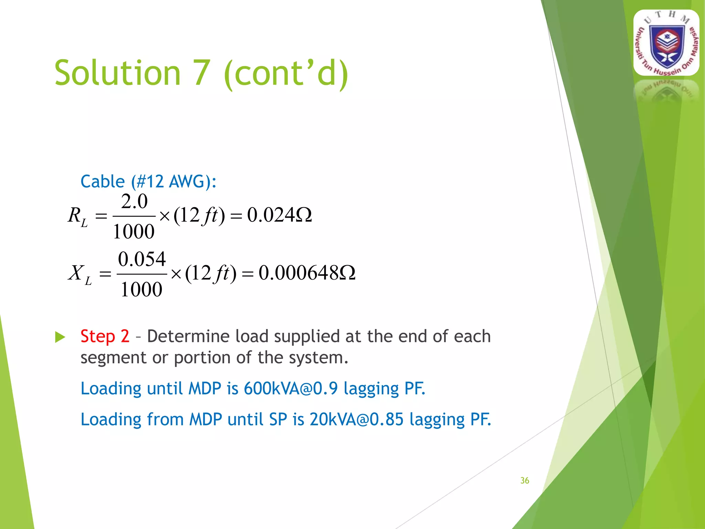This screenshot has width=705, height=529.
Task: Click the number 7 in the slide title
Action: click(x=202, y=73)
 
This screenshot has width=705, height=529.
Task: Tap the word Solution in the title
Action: click(x=117, y=73)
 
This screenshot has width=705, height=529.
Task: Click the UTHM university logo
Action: click(x=666, y=43)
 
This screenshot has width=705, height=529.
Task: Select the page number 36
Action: click(x=525, y=480)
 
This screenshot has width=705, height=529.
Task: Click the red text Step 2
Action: click(x=105, y=336)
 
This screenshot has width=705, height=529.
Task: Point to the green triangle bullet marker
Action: click(x=60, y=337)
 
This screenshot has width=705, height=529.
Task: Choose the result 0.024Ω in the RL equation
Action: click(x=279, y=215)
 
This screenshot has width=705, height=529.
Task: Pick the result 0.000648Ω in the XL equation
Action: click(x=307, y=273)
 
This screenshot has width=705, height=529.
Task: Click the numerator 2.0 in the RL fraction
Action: click(x=134, y=201)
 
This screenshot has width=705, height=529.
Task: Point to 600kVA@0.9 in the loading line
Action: click(x=291, y=388)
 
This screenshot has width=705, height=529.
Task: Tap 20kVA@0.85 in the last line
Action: click(x=356, y=419)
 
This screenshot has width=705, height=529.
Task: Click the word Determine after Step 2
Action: click(x=188, y=336)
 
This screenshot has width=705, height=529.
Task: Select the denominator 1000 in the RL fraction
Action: click(x=134, y=231)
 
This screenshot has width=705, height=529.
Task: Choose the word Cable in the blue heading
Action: click(x=103, y=181)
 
